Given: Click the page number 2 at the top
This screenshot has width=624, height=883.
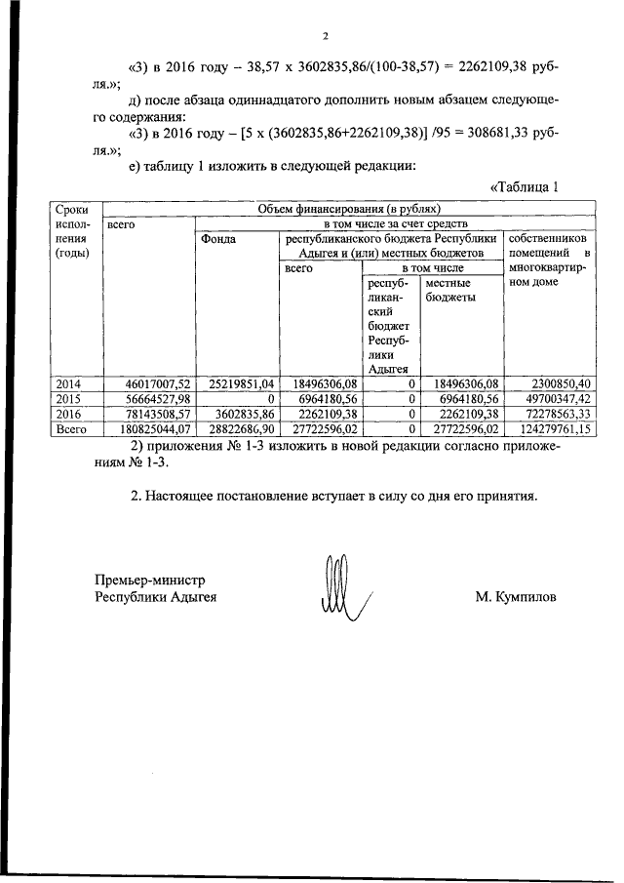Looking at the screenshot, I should pyautogui.click(x=327, y=37).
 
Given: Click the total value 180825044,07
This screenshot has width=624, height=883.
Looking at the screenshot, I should pyautogui.click(x=147, y=427).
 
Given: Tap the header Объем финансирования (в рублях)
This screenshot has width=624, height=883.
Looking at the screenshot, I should pyautogui.click(x=348, y=208).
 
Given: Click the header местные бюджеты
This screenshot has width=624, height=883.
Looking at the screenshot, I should pyautogui.click(x=449, y=290).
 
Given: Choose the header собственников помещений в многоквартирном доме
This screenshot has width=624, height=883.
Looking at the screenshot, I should pyautogui.click(x=548, y=261).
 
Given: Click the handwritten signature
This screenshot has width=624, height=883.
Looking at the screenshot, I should pyautogui.click(x=337, y=586).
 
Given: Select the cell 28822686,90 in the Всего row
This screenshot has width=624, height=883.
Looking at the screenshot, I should pyautogui.click(x=238, y=427).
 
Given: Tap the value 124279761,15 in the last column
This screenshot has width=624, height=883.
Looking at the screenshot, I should pyautogui.click(x=548, y=427).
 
